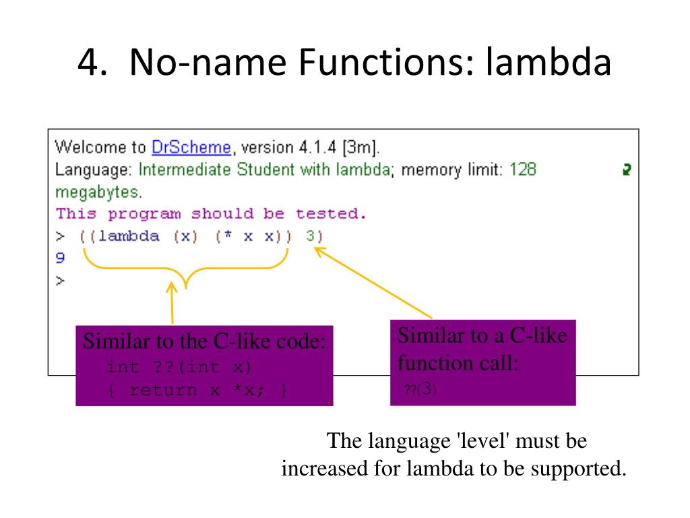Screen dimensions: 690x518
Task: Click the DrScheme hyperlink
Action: (191, 147)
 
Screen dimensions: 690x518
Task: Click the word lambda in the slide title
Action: (548, 61)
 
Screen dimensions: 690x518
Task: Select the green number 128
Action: (523, 169)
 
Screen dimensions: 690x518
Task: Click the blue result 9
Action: (60, 258)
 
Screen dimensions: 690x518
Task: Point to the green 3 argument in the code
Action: (311, 236)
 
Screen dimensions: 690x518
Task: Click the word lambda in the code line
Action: (129, 236)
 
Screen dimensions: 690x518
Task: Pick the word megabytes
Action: (97, 192)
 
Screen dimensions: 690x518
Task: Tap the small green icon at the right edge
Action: (627, 169)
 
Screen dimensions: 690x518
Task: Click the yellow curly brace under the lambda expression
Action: (186, 267)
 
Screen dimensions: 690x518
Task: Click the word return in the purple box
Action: (163, 390)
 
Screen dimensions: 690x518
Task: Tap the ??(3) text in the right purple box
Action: (420, 389)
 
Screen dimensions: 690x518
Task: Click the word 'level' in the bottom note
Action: (483, 440)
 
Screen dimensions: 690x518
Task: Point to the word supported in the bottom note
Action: (577, 469)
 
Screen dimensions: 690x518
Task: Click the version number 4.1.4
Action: (317, 147)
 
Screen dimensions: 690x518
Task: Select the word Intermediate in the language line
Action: (185, 169)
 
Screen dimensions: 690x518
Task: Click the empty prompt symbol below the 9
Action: (60, 281)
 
